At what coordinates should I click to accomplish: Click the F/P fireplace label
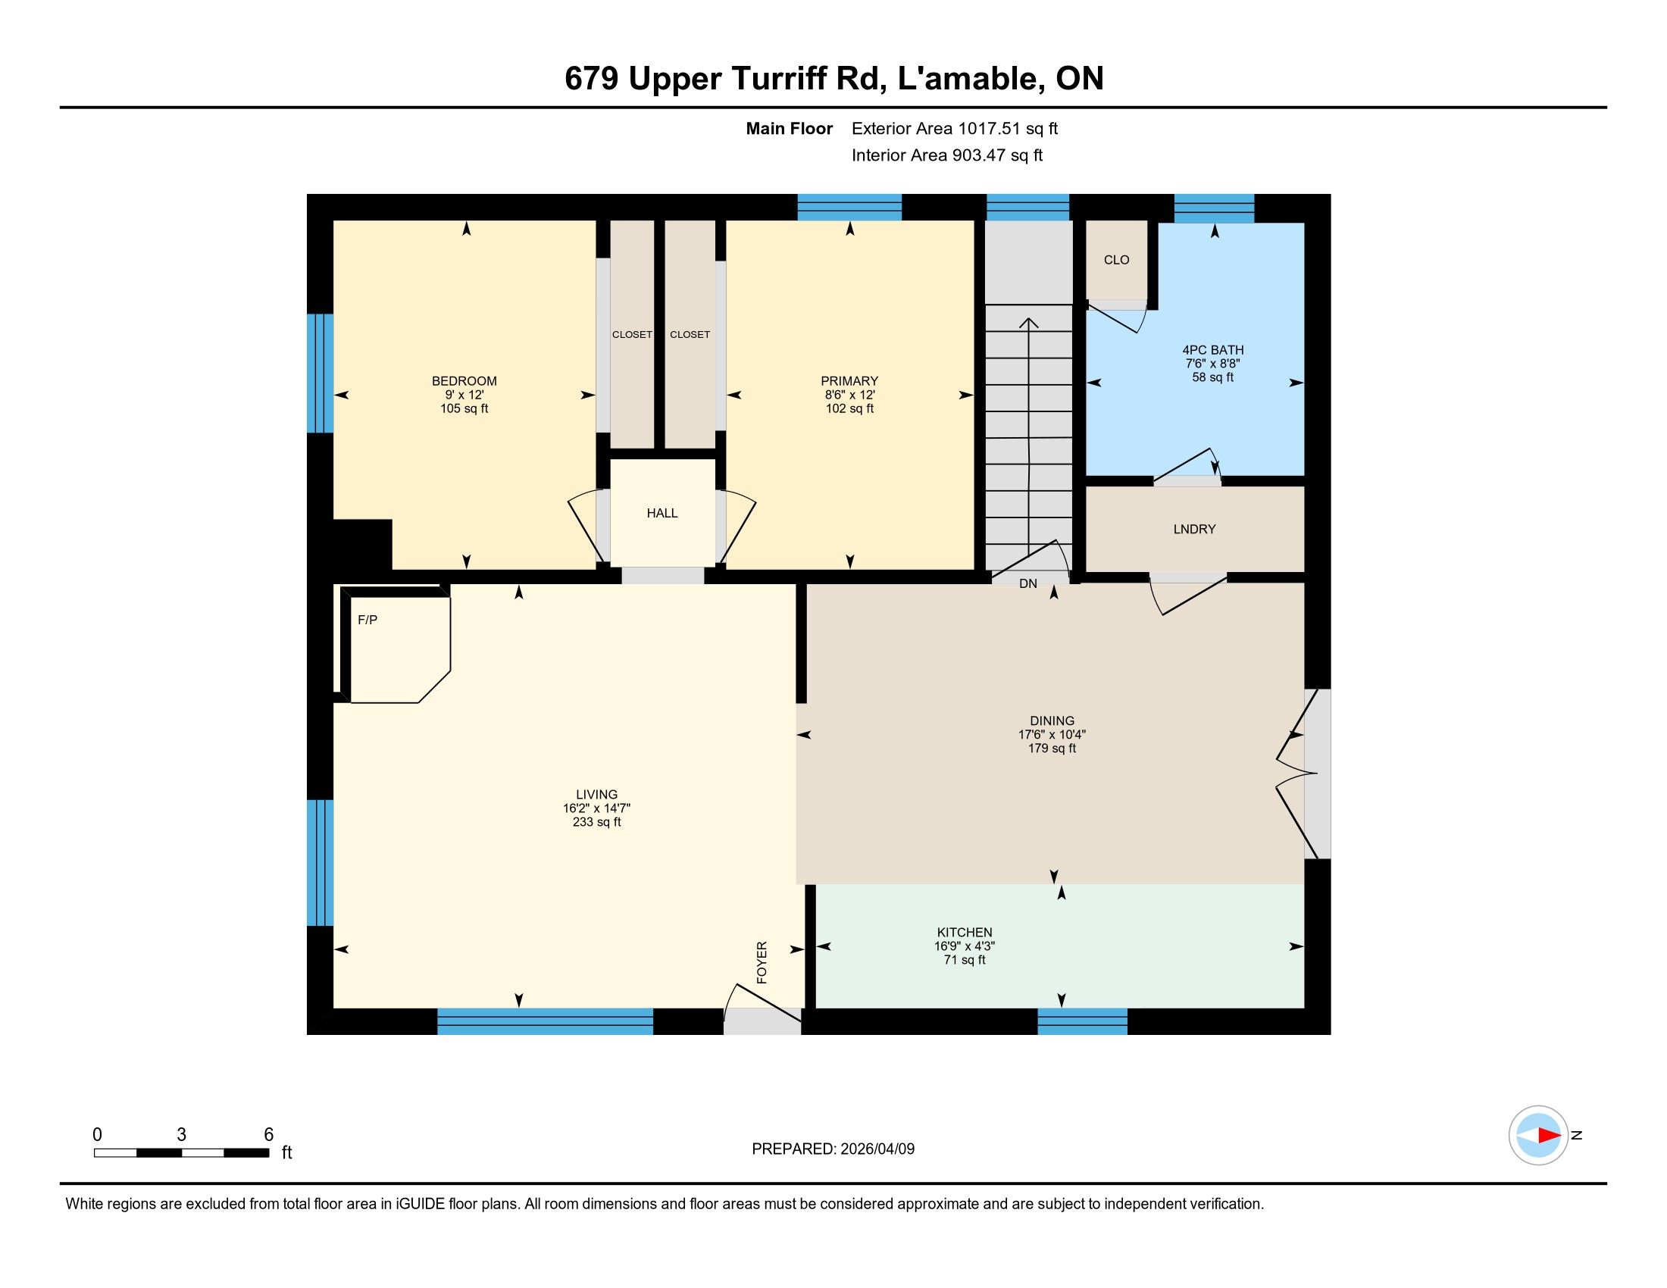367,621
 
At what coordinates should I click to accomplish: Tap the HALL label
661,514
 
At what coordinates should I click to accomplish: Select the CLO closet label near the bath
1116,260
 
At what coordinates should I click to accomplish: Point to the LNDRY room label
1194,530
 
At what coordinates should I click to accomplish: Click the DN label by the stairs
1028,583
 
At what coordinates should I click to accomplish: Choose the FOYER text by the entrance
762,962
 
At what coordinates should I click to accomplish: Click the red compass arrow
1549,1136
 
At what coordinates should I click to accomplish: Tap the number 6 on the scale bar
269,1135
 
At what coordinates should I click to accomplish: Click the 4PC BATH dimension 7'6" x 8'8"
1213,364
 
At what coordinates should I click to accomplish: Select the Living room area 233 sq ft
597,823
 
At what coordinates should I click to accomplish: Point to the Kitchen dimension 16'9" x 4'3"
965,946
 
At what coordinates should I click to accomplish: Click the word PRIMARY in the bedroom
849,382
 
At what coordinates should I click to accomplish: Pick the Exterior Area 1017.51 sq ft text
955,129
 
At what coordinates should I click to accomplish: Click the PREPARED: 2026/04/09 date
833,1149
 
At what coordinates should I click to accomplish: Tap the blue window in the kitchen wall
1082,1022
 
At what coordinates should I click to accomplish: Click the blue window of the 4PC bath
1214,208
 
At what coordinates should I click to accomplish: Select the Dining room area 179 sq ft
1052,749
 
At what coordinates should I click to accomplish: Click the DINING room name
1052,721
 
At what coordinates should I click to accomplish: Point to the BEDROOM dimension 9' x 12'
464,395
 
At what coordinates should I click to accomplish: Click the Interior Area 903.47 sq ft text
947,155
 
